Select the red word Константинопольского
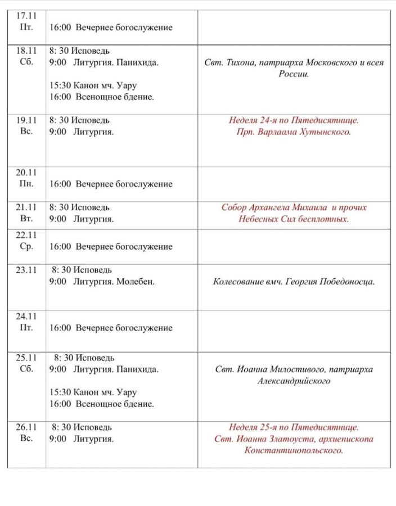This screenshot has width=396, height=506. point(294,451)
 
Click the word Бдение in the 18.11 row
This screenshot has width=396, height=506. point(138,97)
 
